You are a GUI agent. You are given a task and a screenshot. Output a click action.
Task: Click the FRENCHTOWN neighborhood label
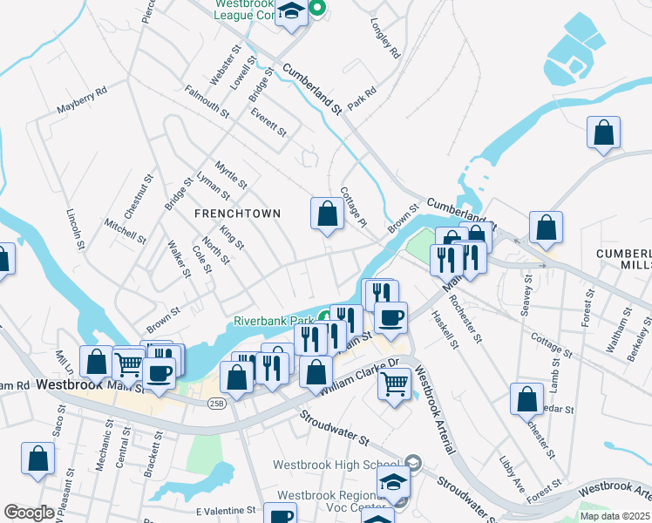(x=237, y=214)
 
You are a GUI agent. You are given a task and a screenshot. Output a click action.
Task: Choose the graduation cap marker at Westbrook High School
(x=393, y=481)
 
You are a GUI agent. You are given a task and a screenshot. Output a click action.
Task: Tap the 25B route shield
(x=214, y=403)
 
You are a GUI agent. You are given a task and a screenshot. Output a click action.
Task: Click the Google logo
(x=30, y=512)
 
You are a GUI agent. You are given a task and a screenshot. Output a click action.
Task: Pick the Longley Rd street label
(x=384, y=38)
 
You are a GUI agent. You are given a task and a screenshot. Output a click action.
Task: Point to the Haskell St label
(x=444, y=331)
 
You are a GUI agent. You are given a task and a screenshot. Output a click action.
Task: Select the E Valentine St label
(x=225, y=510)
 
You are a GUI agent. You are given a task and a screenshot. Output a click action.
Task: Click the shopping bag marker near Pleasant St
(x=38, y=458)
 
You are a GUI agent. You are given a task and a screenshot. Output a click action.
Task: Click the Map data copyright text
(x=615, y=516)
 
